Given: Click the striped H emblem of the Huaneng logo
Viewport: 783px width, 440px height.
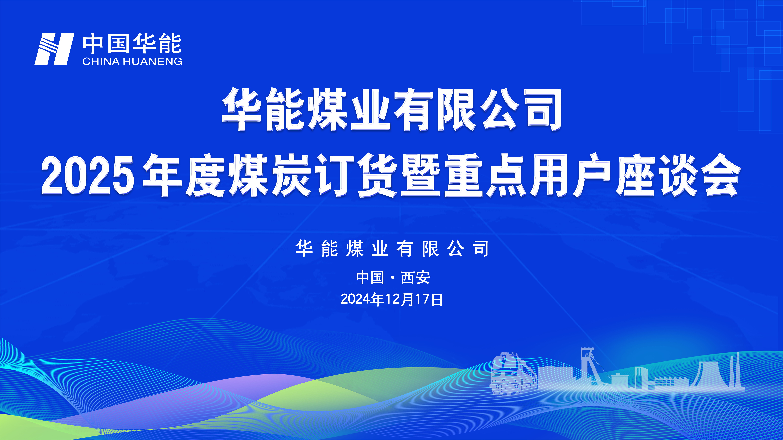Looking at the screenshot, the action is coord(54,49).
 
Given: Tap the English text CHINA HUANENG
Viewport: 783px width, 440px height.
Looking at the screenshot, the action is coord(132,61).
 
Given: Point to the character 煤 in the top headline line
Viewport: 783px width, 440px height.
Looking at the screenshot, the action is coord(328,109).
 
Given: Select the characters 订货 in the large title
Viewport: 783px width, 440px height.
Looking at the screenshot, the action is coord(357,175).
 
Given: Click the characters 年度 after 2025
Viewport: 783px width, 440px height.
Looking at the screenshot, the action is coord(184,175).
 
